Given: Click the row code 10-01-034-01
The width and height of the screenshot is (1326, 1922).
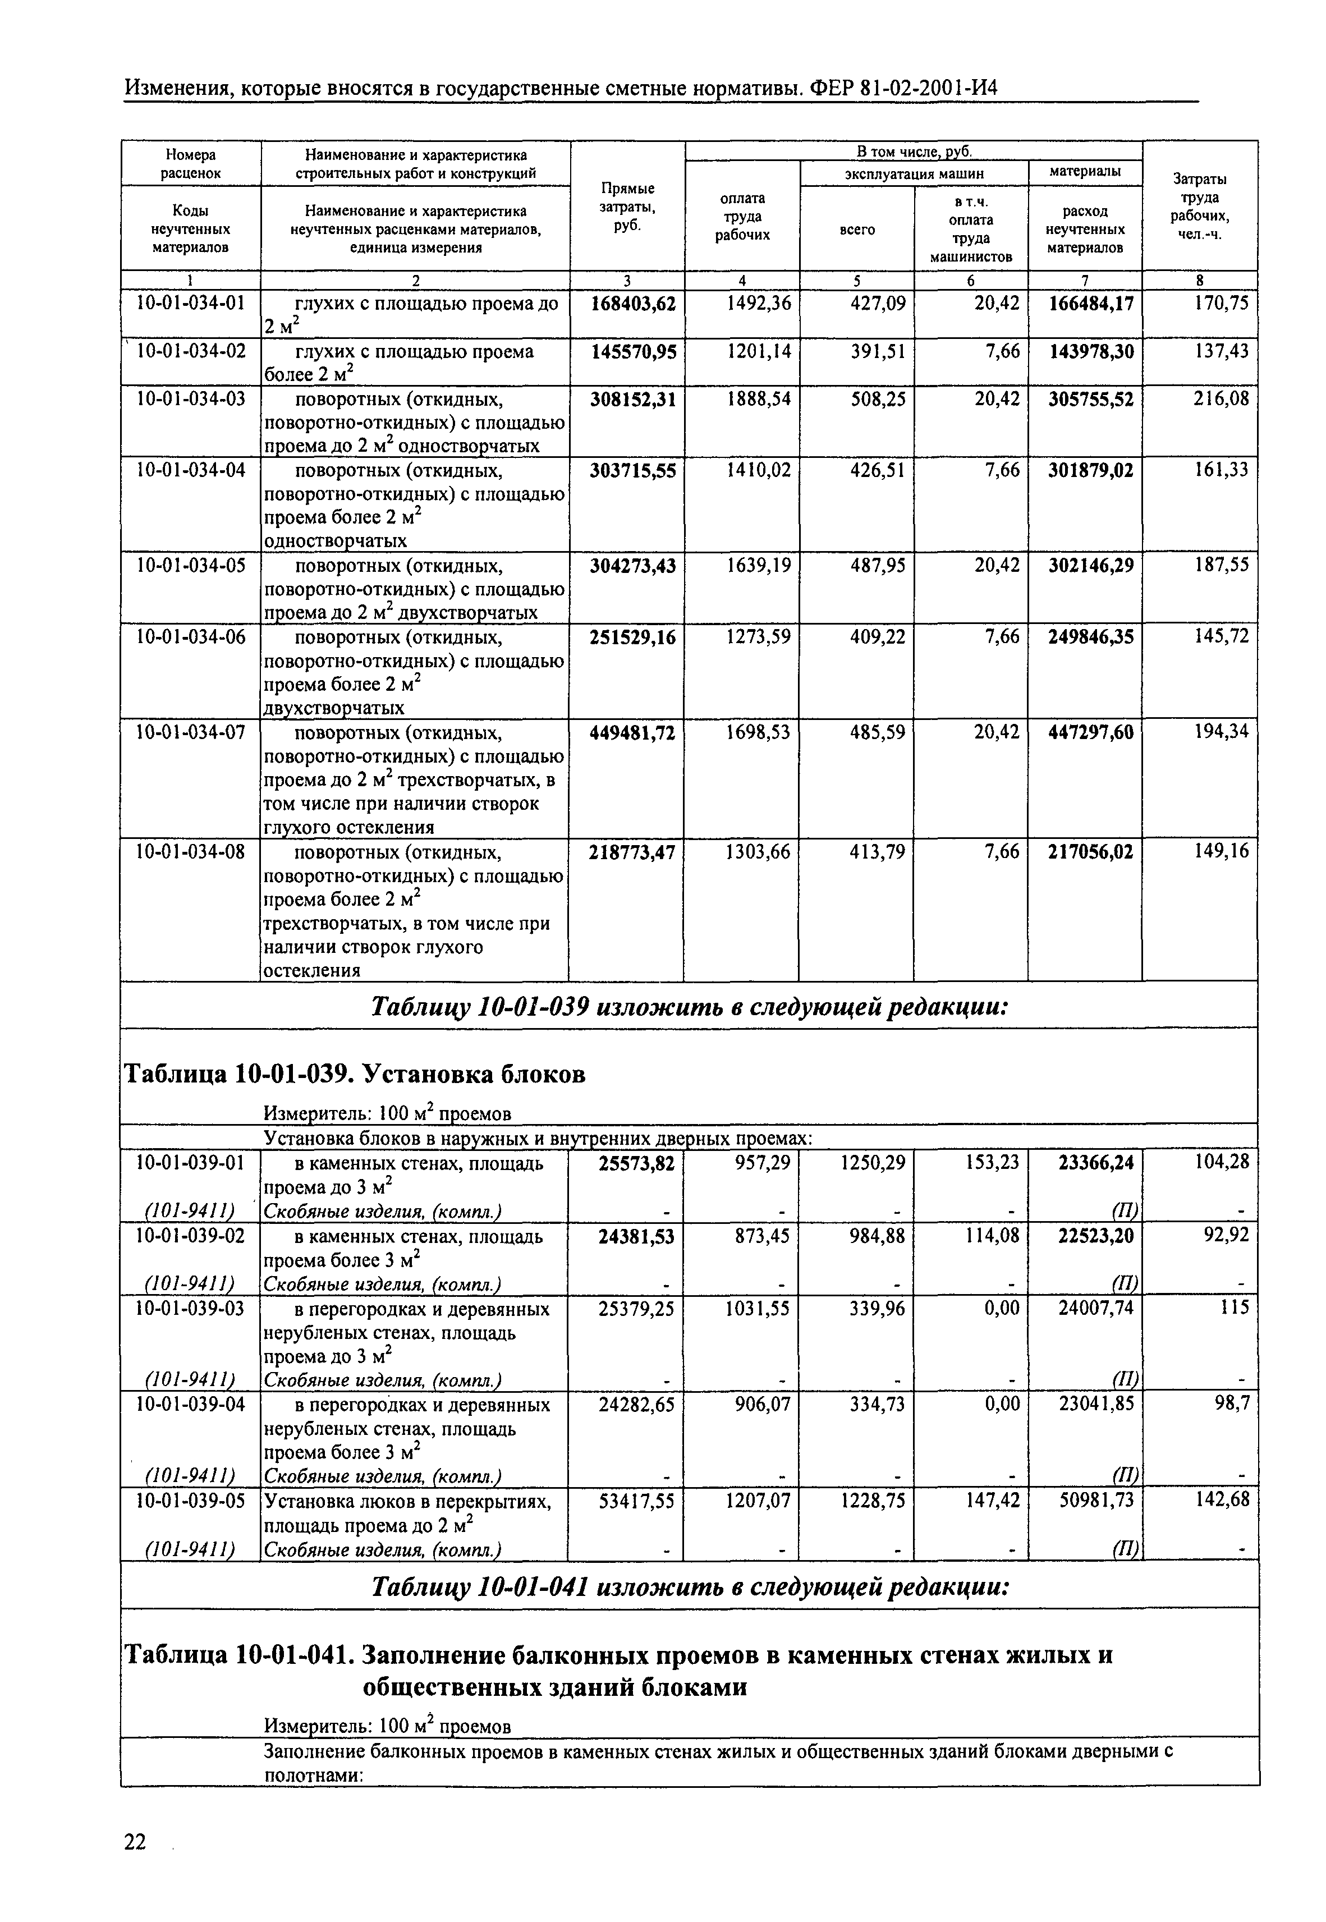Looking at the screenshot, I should [191, 303].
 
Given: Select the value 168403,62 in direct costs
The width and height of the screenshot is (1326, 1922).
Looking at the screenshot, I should [632, 303].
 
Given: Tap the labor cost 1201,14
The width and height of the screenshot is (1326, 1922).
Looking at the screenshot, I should [759, 351].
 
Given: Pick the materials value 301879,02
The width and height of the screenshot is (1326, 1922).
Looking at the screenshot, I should [1090, 470].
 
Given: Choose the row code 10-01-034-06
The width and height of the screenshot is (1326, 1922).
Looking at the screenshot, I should [191, 637].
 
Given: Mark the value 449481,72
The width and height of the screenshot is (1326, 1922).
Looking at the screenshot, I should [632, 732].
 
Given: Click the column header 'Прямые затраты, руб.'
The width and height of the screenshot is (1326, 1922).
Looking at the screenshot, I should [627, 207].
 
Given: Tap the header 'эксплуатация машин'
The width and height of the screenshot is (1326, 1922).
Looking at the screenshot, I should [914, 173].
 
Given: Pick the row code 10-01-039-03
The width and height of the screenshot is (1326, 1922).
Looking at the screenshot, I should [191, 1309].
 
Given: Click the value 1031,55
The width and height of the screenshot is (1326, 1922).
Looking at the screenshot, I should [759, 1309].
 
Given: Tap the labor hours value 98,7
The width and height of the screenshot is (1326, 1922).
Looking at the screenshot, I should [1231, 1403].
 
